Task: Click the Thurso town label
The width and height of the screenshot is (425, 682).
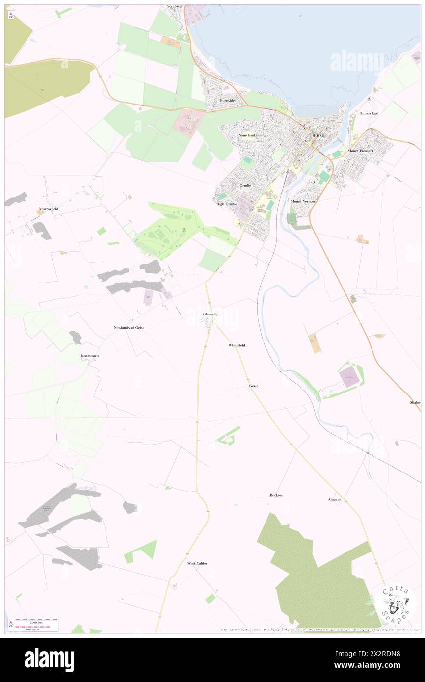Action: [316, 135]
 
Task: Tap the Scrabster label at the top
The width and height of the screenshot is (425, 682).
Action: [175, 6]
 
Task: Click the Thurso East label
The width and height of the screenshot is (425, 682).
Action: [369, 113]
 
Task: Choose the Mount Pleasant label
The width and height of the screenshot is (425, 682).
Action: [360, 151]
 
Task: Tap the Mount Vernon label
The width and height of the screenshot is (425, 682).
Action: [302, 202]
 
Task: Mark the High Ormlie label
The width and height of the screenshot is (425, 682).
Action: [227, 204]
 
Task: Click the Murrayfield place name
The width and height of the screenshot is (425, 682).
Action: [49, 209]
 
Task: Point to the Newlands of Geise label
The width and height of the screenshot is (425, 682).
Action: [129, 327]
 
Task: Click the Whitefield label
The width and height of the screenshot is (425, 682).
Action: [237, 345]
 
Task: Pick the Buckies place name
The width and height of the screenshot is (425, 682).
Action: [276, 495]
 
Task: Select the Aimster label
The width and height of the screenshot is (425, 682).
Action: [334, 499]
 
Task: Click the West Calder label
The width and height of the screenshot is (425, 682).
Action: [197, 563]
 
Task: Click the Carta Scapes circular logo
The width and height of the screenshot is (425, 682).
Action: [396, 602]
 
